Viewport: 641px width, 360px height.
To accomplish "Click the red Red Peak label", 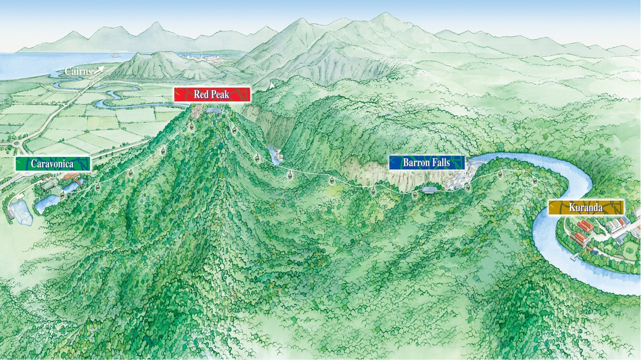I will tap(212, 94).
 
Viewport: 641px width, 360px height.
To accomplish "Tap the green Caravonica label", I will tap(53, 164).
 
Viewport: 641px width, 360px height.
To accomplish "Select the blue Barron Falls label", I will tap(426, 163).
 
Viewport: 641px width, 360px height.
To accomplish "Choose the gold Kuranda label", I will tap(586, 208).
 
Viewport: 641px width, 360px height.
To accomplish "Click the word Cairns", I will tap(78, 71).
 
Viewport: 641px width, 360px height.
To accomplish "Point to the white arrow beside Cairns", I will tap(99, 70).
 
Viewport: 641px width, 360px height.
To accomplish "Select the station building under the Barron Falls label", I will tap(429, 189).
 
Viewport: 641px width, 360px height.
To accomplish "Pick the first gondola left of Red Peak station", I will tap(191, 126).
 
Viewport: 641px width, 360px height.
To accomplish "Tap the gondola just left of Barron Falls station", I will tap(415, 195).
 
